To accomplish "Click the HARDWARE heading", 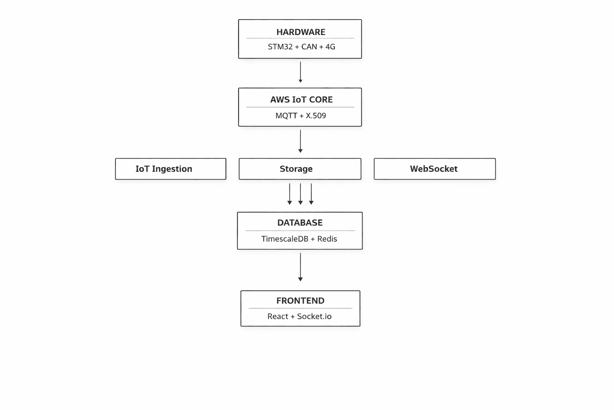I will tap(301, 32).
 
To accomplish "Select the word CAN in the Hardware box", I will tap(309, 47).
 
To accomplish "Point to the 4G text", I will tap(330, 47).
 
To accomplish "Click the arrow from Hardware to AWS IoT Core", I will tap(300, 72).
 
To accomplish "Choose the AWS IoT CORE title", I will tap(301, 100).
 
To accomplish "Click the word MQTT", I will tap(286, 116).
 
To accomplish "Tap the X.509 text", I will tap(316, 116).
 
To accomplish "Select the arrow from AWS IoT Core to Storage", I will tap(300, 141).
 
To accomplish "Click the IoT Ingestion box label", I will tap(163, 169).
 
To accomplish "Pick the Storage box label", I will tap(296, 169).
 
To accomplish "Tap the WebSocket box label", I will tap(433, 169).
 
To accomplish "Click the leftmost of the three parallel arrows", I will tap(289, 194).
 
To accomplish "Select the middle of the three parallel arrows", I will tap(300, 194).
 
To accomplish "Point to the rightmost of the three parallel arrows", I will tap(311, 194).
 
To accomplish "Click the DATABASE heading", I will tap(300, 223).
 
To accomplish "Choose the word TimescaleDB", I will tap(285, 239).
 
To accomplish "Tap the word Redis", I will tap(327, 239).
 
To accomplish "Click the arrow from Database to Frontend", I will tap(300, 267).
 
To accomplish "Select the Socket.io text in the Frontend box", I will tap(314, 316).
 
